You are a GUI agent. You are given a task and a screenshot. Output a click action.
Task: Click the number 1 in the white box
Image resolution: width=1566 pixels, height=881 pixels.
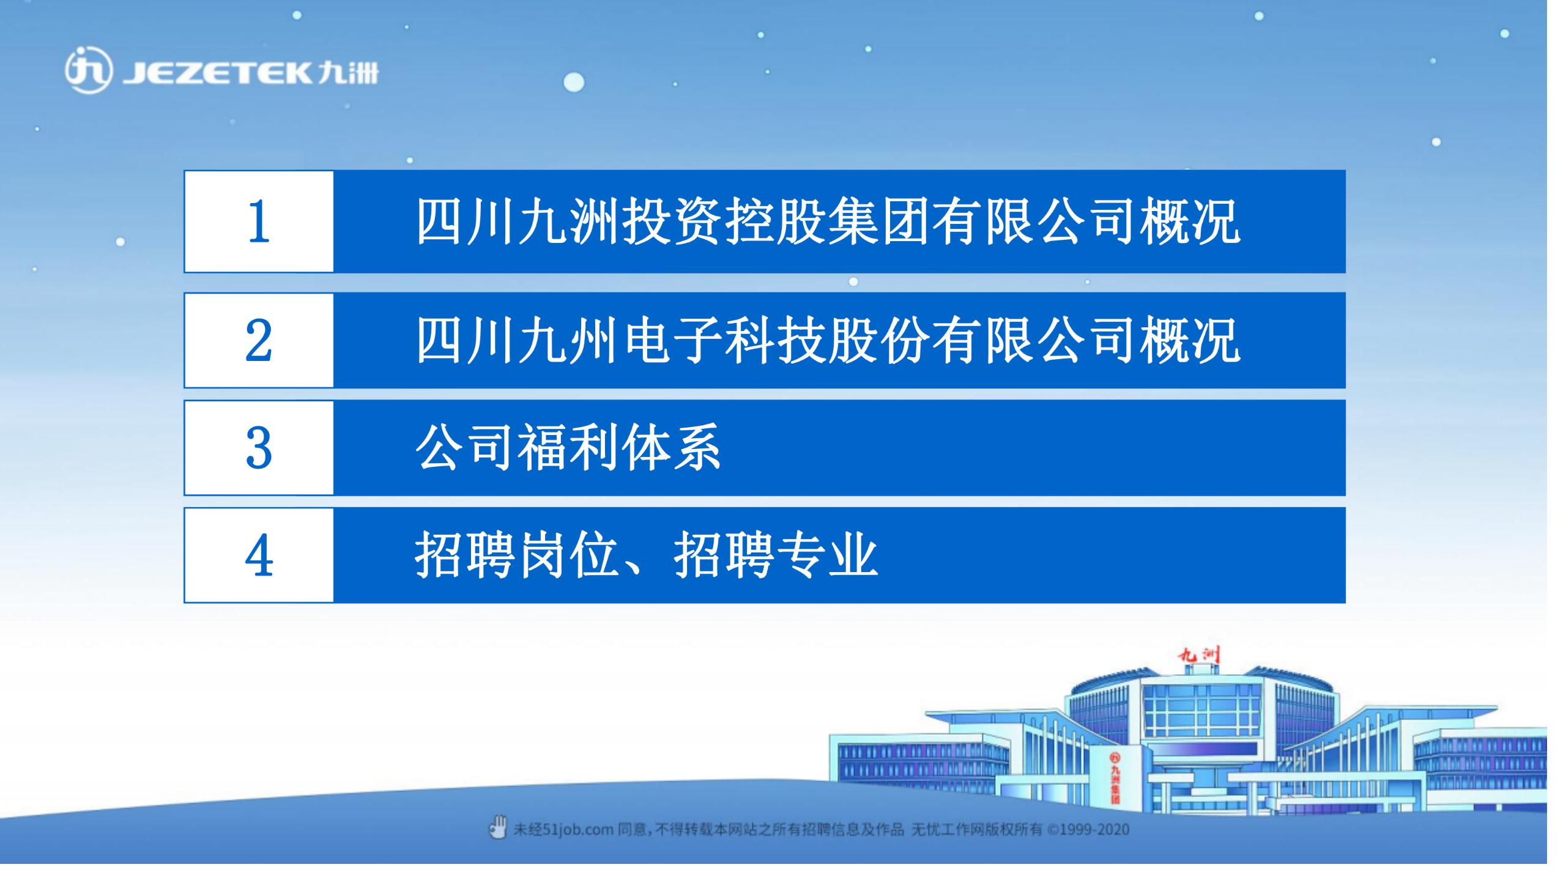(259, 221)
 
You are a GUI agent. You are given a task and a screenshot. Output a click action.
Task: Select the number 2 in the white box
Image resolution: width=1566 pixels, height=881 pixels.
(259, 340)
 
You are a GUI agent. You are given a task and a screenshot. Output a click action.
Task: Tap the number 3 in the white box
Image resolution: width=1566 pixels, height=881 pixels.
(259, 447)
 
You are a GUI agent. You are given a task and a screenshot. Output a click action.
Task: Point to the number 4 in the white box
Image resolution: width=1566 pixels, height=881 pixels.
(259, 555)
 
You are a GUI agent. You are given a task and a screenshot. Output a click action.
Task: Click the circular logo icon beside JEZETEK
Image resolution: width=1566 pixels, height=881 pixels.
(89, 72)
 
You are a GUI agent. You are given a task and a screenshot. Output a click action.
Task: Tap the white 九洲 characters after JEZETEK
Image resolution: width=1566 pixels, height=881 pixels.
(348, 73)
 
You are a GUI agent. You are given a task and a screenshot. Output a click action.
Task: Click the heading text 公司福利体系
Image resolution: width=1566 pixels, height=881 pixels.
(568, 447)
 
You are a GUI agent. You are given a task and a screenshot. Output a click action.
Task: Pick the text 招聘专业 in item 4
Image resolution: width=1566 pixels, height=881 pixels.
(776, 555)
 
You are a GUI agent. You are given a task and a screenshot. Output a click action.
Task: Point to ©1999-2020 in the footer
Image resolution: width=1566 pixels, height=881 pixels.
(1088, 830)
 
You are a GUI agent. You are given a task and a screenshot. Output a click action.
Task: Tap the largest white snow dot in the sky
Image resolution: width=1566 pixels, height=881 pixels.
(573, 82)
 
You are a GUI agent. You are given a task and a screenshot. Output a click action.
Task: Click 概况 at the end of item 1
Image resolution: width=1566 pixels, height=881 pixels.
(1190, 221)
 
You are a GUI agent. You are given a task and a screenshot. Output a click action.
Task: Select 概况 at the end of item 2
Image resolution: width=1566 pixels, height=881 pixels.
(1190, 340)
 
